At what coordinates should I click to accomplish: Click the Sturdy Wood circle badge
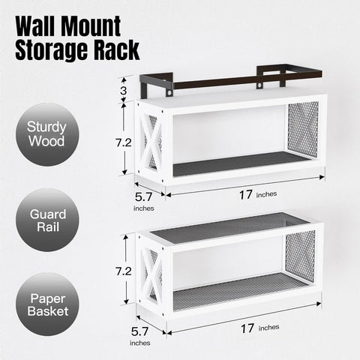point(47,134)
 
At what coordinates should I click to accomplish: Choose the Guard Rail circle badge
point(47,220)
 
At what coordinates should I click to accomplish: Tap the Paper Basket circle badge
point(47,304)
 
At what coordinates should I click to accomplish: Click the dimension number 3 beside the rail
point(123,91)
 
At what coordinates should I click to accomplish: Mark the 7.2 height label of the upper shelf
point(123,142)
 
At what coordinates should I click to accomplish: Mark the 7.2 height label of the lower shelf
point(123,271)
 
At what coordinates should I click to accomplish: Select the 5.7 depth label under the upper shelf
point(143,197)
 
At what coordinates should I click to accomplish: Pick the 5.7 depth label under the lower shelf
point(139,331)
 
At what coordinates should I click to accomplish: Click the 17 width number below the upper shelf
point(245,195)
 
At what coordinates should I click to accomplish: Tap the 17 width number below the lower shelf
point(247,328)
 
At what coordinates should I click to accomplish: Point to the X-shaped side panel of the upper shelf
point(151,142)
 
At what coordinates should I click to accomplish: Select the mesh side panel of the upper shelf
point(303,129)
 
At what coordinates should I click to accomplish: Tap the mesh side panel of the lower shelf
point(300,256)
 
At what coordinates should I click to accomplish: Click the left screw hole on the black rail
point(169,93)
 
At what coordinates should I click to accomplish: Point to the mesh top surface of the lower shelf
point(229,227)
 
